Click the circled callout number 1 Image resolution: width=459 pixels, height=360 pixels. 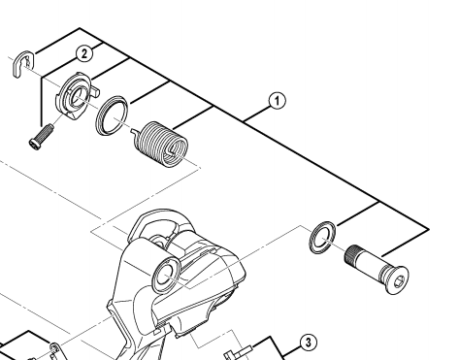point(278,101)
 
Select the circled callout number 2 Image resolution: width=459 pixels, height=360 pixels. point(84,53)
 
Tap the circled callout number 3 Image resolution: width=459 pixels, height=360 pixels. point(308,343)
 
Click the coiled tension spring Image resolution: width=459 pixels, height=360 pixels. point(161,145)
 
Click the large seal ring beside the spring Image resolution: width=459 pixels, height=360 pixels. point(112,115)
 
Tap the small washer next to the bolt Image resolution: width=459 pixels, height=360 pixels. point(322,238)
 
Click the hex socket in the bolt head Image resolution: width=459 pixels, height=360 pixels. point(399,280)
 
